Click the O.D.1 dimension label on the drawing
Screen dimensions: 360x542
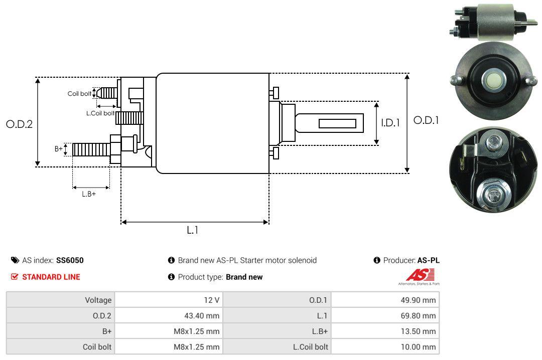click(426, 120)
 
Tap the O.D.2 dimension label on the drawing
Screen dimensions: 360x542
click(19, 124)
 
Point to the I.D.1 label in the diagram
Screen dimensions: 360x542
click(390, 122)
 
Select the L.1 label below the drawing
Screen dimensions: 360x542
click(193, 230)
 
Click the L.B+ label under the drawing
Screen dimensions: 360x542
click(89, 194)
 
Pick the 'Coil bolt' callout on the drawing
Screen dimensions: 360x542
click(79, 94)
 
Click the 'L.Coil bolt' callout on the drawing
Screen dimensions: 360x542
click(100, 113)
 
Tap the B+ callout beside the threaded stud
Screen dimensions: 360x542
click(59, 148)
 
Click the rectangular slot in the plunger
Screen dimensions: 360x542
click(337, 123)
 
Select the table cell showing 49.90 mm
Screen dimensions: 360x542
click(385, 300)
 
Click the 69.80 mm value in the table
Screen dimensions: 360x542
click(385, 316)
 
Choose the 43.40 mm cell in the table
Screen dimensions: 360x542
click(169, 316)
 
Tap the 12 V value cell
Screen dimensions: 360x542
click(169, 300)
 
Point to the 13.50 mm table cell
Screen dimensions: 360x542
click(385, 331)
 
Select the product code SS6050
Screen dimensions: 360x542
click(70, 260)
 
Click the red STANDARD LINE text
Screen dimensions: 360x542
click(51, 277)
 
